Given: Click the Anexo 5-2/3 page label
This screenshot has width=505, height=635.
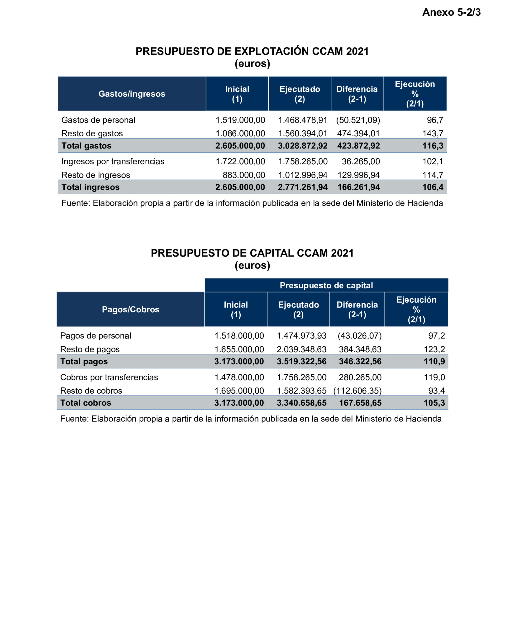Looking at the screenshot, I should coord(451,12).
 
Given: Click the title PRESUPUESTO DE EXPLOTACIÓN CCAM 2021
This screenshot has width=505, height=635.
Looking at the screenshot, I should coord(252,51).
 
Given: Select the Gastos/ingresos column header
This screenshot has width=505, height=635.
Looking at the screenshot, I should coord(132,94).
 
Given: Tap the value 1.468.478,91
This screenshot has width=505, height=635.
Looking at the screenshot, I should coord(303,120).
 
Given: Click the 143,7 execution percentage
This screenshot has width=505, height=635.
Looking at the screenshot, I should coord(433,134).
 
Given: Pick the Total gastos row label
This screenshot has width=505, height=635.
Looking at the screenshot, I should coord(86,146).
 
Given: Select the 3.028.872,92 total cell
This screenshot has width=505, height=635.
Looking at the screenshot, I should coord(303,146).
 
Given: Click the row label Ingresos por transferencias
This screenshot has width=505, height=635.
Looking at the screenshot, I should coord(113,161).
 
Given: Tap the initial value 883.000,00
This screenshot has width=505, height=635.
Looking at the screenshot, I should coord(244,175).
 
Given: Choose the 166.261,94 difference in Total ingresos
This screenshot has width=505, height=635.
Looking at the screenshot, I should coord(358,187).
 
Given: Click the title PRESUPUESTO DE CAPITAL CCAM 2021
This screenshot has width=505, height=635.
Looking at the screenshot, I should coord(252,253).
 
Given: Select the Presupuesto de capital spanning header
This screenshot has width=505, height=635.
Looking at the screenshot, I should coord(326,285).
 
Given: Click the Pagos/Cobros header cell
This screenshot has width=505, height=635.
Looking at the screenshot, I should coord(130,310).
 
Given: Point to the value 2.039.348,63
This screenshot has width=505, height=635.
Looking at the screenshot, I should coord(301,349).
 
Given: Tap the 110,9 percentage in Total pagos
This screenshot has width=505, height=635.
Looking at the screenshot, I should coord(434,361).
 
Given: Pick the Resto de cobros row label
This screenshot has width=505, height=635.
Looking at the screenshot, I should coord(91,391).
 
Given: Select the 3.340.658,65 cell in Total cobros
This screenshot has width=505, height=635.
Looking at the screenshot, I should coord(301,403).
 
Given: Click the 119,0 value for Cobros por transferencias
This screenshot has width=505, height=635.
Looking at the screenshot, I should coord(434,377).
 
